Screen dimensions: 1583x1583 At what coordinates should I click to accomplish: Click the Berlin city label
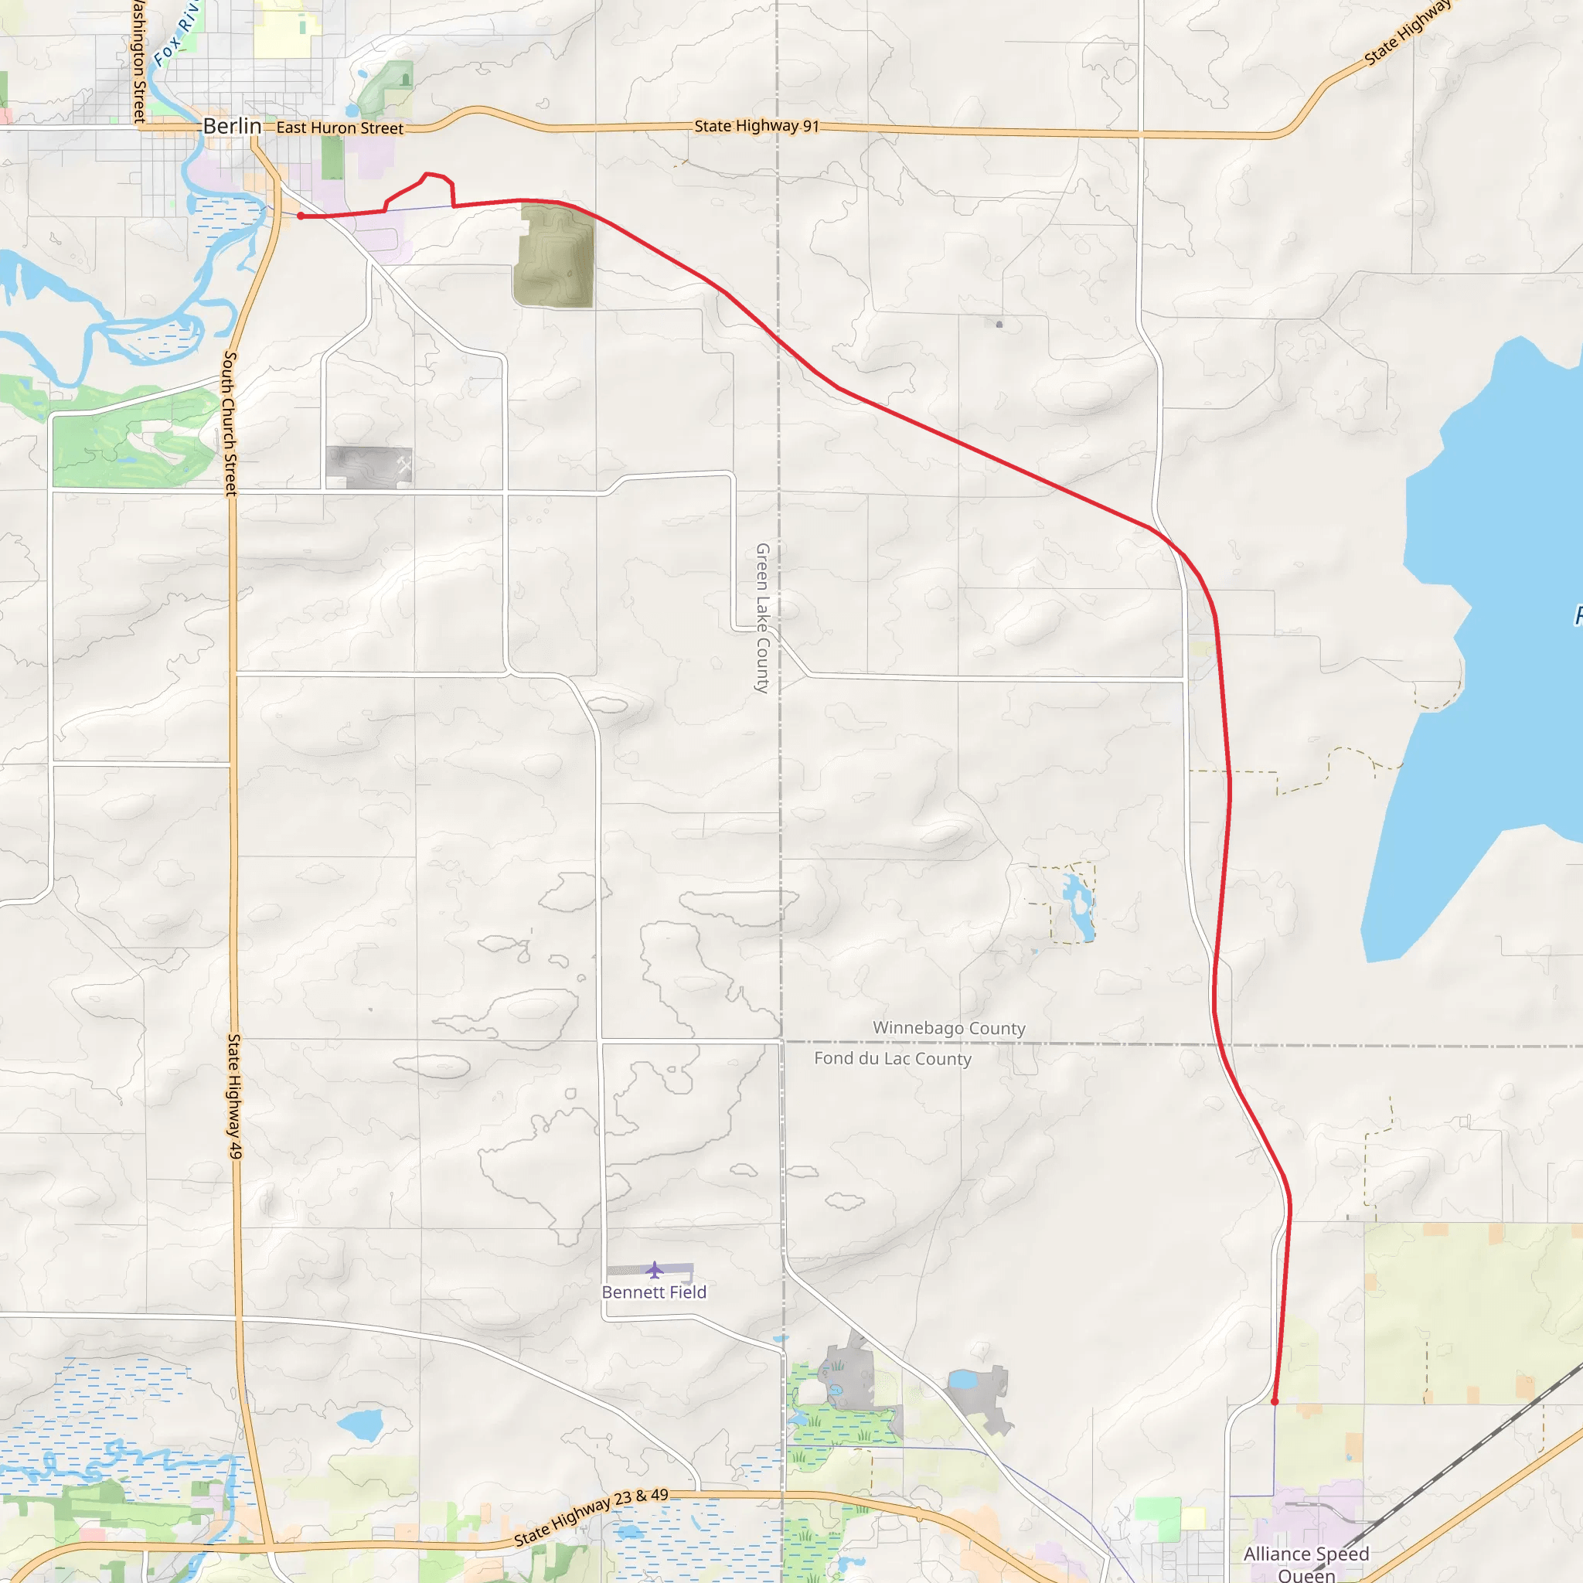pos(232,126)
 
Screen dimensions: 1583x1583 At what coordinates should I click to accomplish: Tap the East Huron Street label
pos(339,128)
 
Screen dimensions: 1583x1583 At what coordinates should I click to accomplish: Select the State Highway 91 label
pos(756,126)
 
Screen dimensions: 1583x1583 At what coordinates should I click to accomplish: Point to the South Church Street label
pos(230,423)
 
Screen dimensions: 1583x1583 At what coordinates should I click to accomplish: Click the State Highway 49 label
pos(235,1096)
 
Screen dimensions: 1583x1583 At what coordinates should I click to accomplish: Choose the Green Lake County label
pos(762,618)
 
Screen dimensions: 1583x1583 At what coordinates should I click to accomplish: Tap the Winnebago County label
pos(949,1028)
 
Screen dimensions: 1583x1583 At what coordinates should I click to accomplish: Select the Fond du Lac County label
pos(892,1059)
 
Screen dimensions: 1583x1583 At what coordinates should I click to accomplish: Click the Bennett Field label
pos(654,1292)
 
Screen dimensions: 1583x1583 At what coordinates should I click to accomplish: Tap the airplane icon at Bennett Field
pos(654,1271)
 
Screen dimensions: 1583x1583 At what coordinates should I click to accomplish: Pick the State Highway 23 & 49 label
pos(591,1517)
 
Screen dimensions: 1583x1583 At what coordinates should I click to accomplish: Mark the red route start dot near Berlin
pos(301,216)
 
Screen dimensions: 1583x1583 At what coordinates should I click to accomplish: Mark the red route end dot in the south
pos(1274,1402)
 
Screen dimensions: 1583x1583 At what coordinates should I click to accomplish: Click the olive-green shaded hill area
pos(555,256)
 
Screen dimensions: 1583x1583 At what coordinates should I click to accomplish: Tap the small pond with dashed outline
pos(1077,904)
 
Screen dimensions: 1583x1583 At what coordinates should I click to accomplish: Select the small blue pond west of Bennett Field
pos(359,1425)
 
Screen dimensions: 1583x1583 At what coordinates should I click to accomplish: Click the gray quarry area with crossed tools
pos(369,467)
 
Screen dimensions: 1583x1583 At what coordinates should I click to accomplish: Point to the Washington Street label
pos(138,62)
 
